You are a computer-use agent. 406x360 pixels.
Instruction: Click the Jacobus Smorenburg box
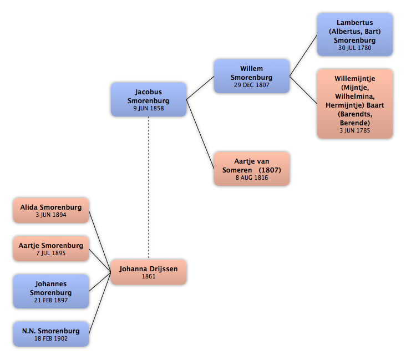(149, 99)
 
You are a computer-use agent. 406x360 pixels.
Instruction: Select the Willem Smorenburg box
(252, 76)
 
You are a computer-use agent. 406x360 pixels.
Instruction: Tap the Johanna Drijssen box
(149, 272)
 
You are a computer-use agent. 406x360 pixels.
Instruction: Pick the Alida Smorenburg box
(51, 211)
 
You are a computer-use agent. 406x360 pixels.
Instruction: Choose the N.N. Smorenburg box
(51, 334)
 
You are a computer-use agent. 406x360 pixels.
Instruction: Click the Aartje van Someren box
(252, 169)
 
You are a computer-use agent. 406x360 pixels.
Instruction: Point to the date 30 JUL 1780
(355, 48)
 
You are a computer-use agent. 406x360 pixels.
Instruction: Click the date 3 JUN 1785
(355, 130)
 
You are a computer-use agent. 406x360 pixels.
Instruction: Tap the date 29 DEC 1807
(252, 85)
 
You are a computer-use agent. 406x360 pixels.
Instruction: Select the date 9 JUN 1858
(149, 108)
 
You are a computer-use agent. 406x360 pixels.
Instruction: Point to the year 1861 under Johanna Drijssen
(149, 276)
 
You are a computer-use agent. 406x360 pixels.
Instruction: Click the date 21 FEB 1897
(51, 300)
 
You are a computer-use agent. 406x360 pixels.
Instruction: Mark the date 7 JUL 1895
(51, 253)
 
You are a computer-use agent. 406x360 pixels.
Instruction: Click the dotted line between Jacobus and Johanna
(149, 188)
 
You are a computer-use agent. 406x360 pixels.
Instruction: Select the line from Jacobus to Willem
(200, 88)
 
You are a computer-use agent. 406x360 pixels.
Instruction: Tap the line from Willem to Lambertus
(303, 55)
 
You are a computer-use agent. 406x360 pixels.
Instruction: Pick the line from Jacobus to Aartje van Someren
(200, 134)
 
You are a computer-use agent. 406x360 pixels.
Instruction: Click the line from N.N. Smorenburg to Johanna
(100, 303)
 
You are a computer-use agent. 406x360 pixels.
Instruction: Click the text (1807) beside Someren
(270, 170)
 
